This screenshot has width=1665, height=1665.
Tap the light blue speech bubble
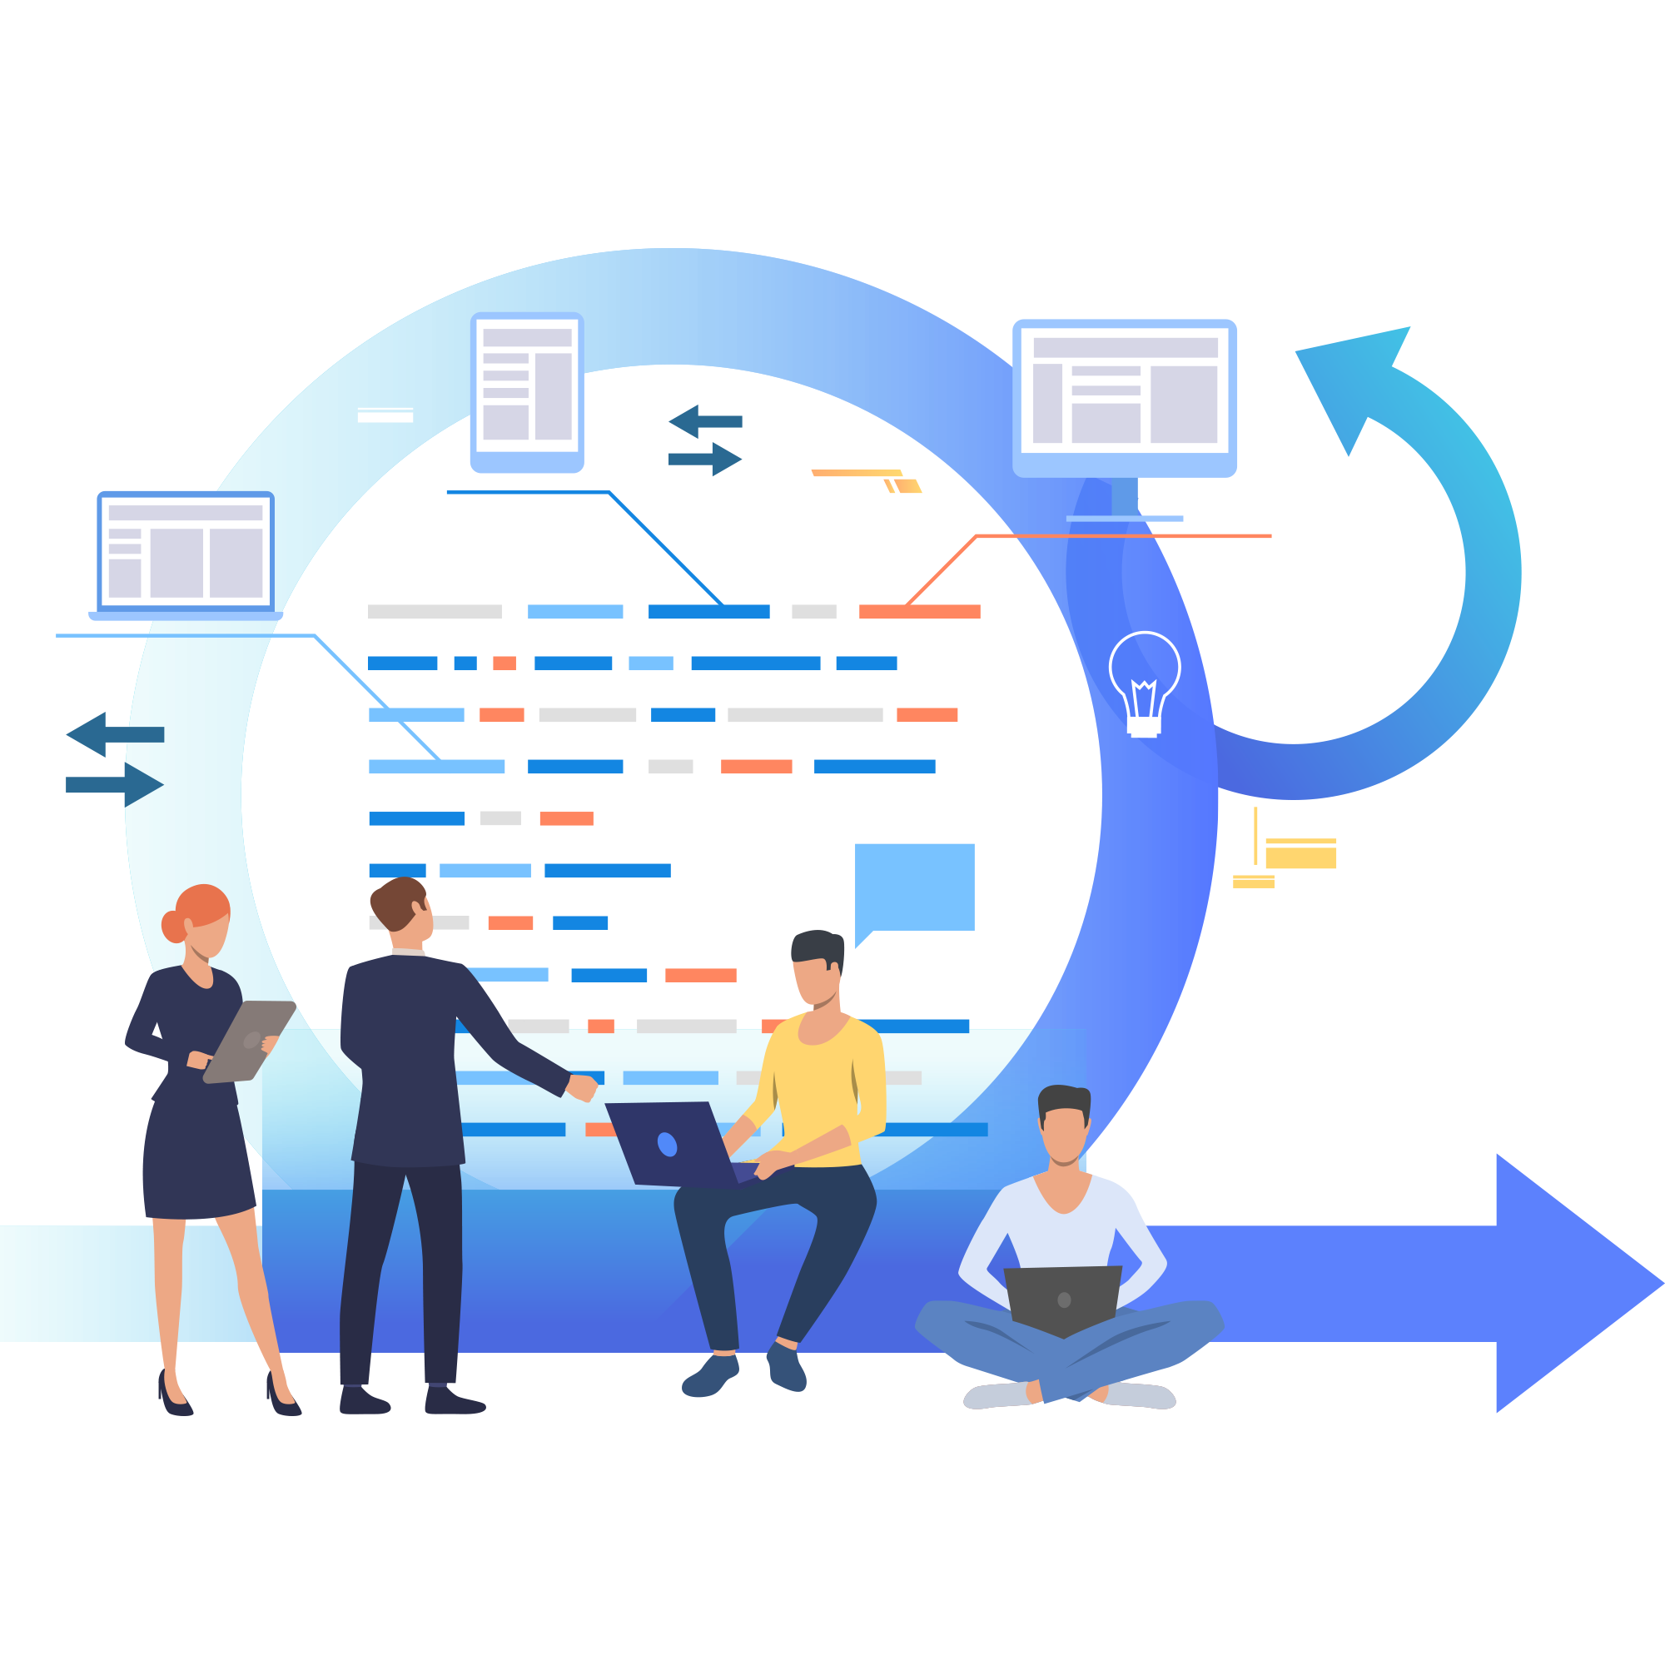[x=914, y=886]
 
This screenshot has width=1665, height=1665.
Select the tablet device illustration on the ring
[x=527, y=391]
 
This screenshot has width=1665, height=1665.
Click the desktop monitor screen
[x=1125, y=396]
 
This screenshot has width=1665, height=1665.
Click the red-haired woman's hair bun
[x=173, y=927]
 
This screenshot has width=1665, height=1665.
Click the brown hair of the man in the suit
[x=396, y=901]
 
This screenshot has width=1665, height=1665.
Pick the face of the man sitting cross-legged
[x=1064, y=1132]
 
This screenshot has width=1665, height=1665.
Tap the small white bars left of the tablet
[x=385, y=415]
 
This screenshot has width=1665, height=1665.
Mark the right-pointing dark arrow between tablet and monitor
[x=706, y=460]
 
